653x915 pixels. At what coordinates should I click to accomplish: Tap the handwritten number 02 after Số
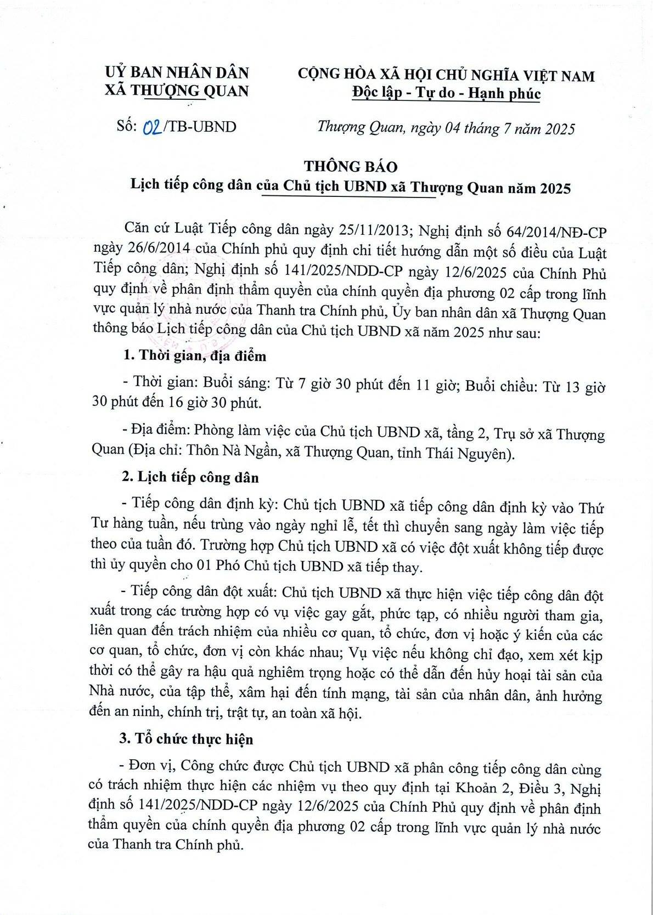point(151,127)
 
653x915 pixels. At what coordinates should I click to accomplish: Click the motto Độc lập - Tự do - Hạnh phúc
point(446,93)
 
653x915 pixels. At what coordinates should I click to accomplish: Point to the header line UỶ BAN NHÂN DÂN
point(177,72)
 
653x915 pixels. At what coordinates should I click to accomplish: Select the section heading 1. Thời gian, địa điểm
point(195,356)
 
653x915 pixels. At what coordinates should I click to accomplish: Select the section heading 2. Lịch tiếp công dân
point(190,477)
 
